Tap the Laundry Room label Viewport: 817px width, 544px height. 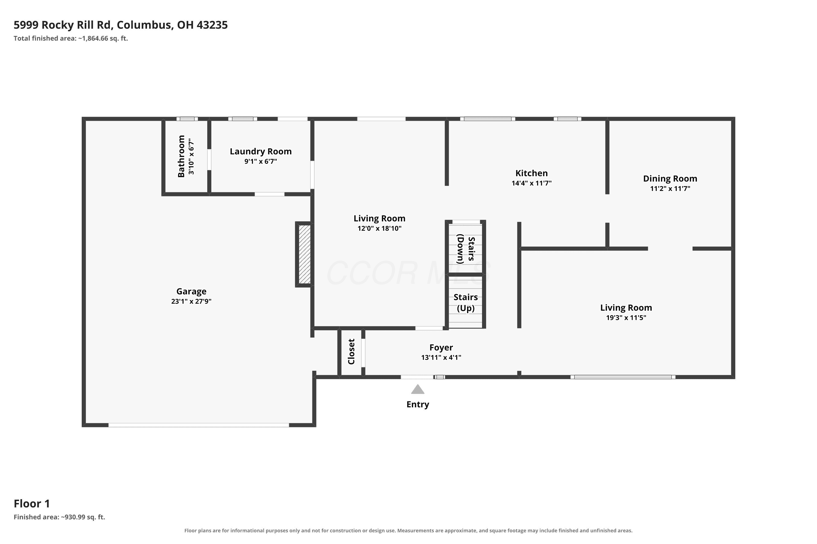click(x=261, y=152)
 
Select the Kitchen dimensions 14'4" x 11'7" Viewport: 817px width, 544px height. click(x=532, y=183)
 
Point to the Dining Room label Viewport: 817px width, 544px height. click(x=670, y=179)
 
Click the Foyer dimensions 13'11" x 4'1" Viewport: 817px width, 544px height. click(x=441, y=357)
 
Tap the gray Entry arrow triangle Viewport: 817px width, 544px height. click(x=417, y=389)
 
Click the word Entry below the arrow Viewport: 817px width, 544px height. click(x=417, y=404)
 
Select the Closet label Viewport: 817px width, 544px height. click(x=351, y=352)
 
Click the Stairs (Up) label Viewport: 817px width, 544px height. click(x=465, y=302)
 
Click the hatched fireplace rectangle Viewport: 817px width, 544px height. click(x=304, y=254)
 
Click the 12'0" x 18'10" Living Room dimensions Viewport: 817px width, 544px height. click(x=379, y=228)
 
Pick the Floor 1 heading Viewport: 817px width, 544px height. click(x=32, y=503)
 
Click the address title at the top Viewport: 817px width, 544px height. click(x=121, y=25)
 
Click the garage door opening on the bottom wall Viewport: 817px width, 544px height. click(x=199, y=425)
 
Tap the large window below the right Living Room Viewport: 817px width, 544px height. click(x=623, y=377)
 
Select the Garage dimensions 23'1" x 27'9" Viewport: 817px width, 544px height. click(x=191, y=301)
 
